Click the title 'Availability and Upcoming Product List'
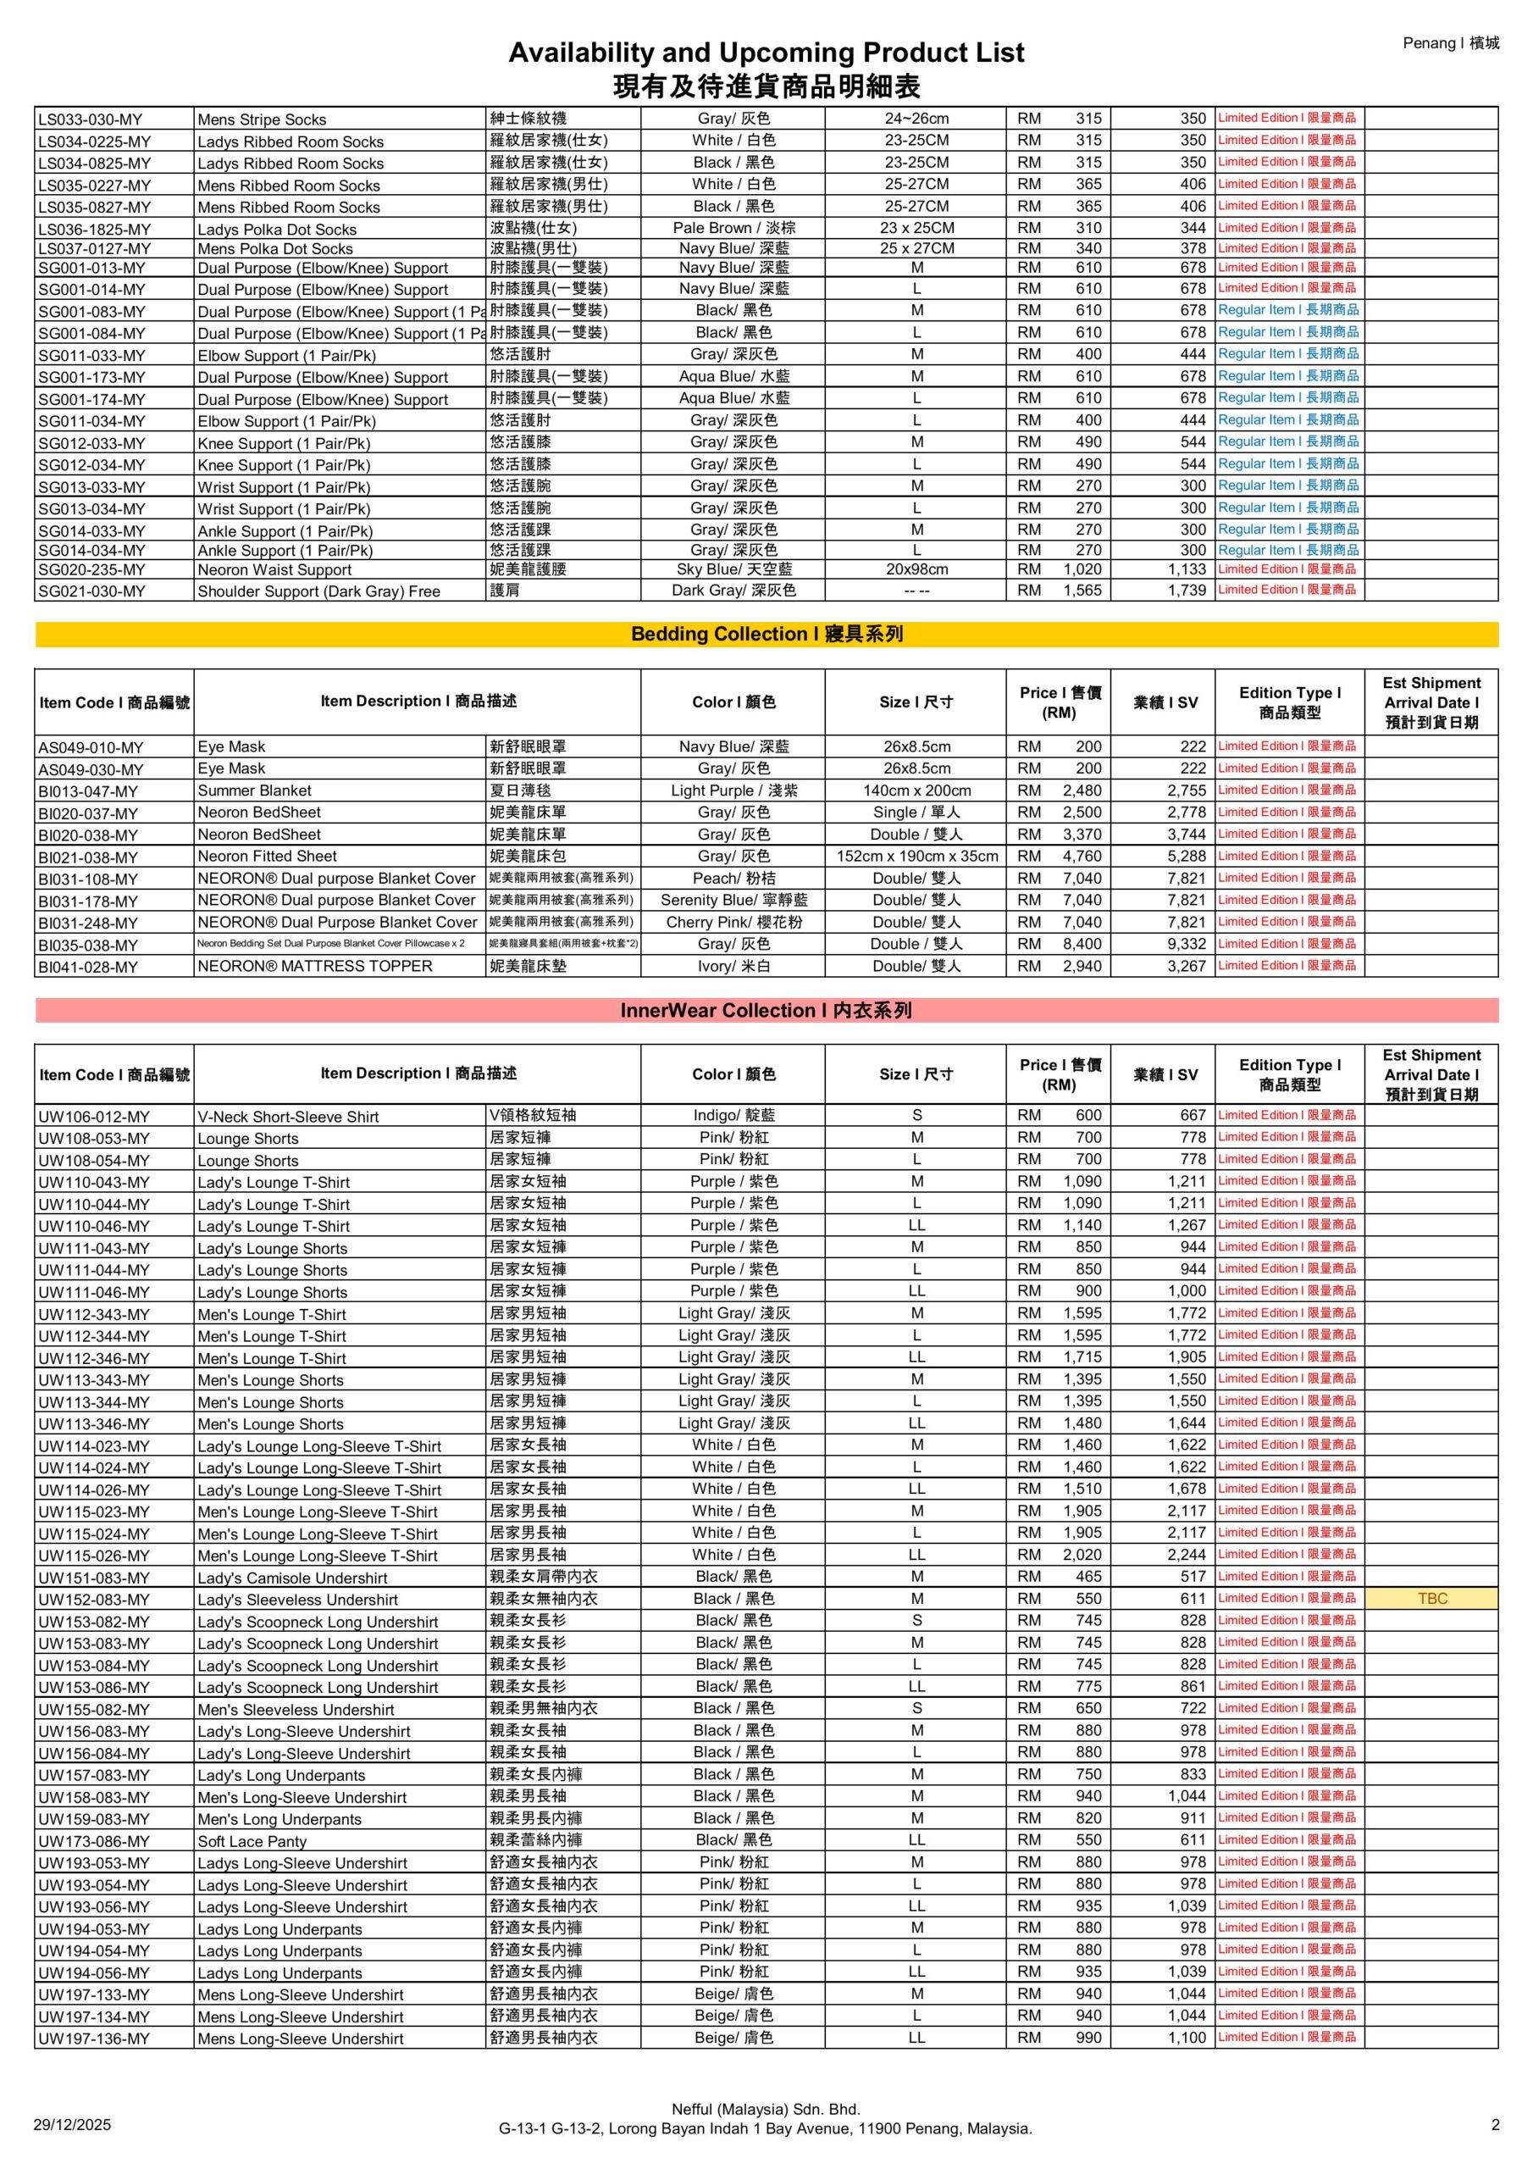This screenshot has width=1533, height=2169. pos(765,52)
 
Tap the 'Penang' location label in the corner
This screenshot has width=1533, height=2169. pos(1450,42)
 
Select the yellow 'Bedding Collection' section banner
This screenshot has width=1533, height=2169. pos(766,634)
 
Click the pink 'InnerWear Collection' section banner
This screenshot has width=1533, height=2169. pos(766,1010)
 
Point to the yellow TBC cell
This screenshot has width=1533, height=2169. pos(1431,1599)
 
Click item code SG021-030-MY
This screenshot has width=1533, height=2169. pos(92,591)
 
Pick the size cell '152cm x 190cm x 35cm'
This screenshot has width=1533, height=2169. pos(916,856)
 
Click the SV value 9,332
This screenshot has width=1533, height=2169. pos(1187,944)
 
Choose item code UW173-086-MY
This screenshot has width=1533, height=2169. pos(95,1841)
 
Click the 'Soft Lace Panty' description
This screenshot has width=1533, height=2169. pos(252,1841)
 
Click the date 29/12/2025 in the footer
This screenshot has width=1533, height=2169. pos(72,2125)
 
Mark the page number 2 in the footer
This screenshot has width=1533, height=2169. pos(1495,2125)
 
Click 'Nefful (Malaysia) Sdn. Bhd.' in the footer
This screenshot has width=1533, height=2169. pos(765,2109)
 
